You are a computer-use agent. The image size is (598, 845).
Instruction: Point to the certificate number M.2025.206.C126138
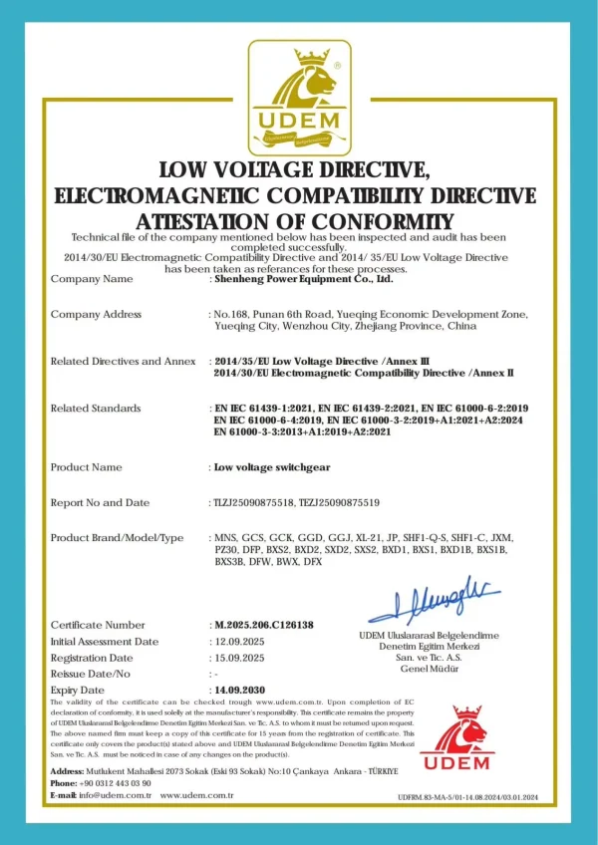[264, 625]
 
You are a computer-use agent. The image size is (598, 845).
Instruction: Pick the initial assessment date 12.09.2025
[239, 642]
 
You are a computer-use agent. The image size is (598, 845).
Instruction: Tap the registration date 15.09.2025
[239, 658]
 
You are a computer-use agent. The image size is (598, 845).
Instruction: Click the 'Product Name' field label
[86, 467]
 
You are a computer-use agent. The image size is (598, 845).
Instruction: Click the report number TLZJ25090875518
[254, 503]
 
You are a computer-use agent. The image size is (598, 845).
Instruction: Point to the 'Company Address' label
[96, 315]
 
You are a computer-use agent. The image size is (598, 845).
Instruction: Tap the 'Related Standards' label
[96, 409]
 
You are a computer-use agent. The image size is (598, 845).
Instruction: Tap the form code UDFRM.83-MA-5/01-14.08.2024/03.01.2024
[467, 797]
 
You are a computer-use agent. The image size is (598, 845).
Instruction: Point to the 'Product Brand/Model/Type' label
[117, 538]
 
